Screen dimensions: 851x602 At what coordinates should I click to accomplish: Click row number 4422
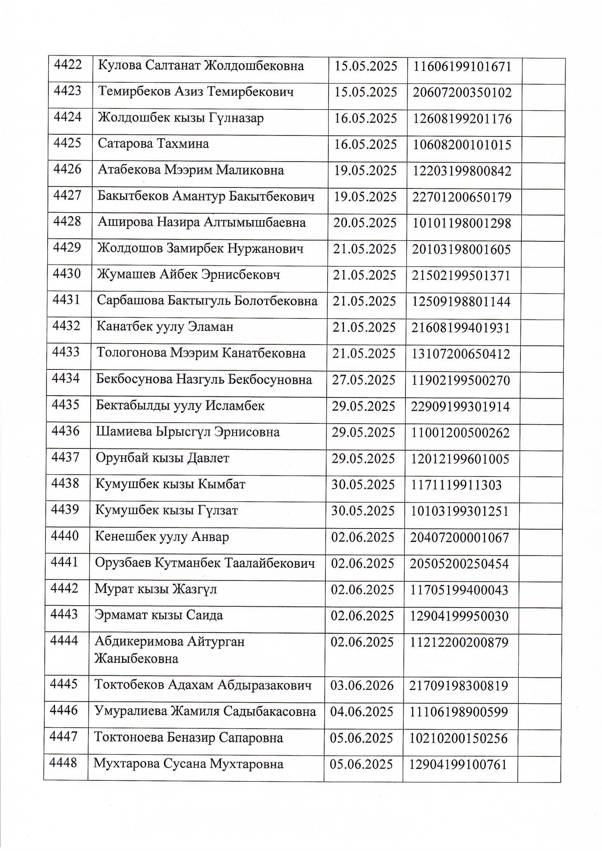(68, 65)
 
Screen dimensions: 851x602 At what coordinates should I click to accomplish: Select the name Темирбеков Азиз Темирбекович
(196, 92)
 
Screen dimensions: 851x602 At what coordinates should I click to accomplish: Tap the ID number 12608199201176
(462, 119)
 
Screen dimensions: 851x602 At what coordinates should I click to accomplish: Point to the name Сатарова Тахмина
(153, 144)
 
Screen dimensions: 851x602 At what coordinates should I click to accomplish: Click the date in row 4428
(365, 223)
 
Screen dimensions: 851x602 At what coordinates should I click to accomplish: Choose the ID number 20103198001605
(461, 249)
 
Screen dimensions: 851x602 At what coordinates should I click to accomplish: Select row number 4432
(66, 326)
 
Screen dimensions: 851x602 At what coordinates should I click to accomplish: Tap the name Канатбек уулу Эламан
(165, 327)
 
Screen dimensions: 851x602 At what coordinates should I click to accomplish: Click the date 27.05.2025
(364, 380)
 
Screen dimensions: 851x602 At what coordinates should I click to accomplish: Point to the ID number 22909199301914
(460, 407)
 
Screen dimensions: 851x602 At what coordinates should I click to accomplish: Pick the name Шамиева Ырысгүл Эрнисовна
(187, 432)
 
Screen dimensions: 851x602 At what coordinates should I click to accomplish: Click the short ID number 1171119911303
(456, 485)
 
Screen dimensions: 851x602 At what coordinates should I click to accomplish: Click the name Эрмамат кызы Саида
(159, 615)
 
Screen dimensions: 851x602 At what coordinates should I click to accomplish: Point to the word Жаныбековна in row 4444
(136, 659)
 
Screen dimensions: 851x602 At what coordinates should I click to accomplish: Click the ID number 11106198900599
(459, 712)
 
